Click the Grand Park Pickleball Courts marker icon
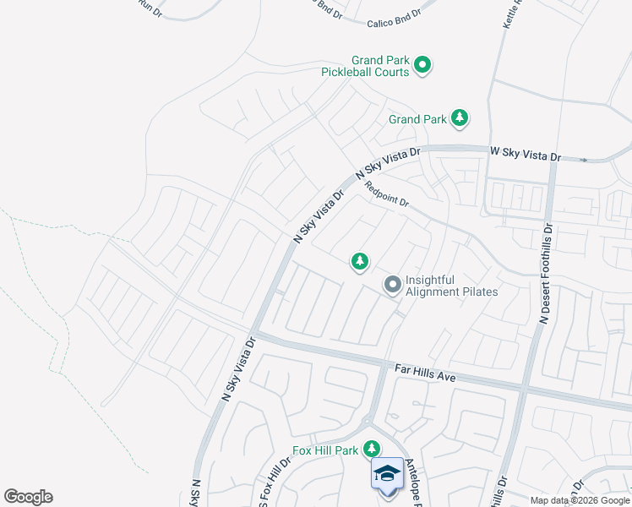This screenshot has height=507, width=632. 423,64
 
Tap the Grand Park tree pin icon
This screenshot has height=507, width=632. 460,118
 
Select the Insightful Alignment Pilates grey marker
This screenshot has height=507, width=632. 393,286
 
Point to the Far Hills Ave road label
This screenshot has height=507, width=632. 425,373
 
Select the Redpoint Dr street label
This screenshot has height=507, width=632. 388,197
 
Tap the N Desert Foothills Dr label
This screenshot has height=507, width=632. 545,273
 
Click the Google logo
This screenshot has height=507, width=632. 28,497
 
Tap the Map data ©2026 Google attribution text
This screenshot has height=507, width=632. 579,500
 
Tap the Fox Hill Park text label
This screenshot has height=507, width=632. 325,450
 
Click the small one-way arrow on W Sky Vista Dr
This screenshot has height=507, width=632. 583,159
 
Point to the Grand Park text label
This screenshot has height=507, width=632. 417,119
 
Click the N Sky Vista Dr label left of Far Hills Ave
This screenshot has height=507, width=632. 238,370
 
